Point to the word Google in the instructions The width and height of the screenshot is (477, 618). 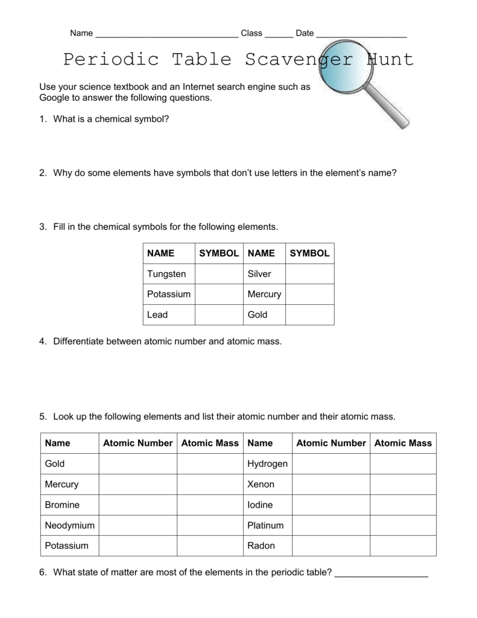[54, 97]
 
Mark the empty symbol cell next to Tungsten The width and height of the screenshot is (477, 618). [218, 274]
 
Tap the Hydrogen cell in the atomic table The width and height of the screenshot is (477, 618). [267, 463]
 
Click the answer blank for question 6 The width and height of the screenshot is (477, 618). [381, 574]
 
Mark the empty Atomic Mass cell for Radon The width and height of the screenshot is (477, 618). [403, 546]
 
